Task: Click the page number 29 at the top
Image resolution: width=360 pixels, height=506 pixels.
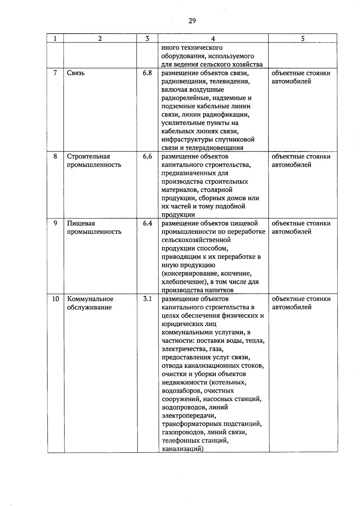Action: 192,21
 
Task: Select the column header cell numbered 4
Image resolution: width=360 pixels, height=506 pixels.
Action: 213,38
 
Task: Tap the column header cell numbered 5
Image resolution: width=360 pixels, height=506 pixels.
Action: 303,38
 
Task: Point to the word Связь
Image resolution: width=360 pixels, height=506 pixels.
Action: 76,73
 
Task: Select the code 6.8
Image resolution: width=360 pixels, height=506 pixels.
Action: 147,73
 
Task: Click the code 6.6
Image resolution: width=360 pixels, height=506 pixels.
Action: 147,156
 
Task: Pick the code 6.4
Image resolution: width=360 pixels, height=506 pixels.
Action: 147,223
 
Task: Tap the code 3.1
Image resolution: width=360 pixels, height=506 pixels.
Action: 147,299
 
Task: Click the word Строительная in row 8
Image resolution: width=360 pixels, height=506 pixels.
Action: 88,157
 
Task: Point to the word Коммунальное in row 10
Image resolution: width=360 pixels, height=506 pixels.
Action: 90,299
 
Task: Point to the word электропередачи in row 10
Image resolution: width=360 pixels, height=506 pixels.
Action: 189,416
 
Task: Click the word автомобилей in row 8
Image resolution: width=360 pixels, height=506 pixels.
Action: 291,165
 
